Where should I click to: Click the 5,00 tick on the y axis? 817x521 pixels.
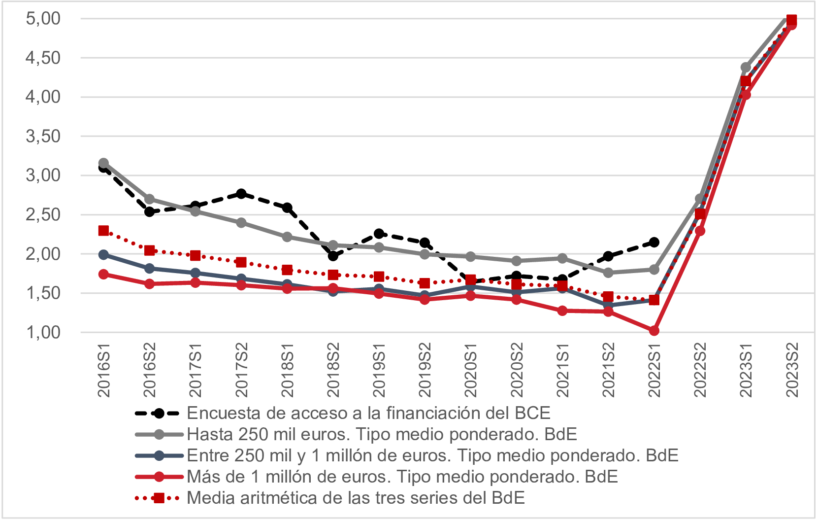coord(43,19)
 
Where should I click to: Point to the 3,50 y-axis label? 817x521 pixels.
coord(43,137)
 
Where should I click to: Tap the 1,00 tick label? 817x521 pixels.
coord(43,333)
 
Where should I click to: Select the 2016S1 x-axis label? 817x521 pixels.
coord(104,371)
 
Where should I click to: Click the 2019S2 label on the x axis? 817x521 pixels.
coord(425,371)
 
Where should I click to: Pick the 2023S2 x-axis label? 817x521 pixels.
coord(792,371)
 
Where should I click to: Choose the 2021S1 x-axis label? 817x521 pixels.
coord(562,371)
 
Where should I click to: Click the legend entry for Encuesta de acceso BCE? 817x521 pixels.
coord(368,413)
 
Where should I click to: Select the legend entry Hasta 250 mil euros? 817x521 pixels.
coord(382,434)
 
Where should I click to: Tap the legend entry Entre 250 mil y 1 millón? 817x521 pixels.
coord(432,455)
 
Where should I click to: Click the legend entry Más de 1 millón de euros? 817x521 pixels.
coord(402,477)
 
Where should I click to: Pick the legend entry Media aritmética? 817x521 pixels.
coord(356,498)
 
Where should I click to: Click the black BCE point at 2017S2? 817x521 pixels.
coord(241,194)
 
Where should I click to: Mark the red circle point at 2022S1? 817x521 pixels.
coord(654,330)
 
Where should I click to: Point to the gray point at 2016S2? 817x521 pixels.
coord(150,199)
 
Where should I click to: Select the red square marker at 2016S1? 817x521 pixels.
coord(104,231)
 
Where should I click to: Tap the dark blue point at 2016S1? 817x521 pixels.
coord(104,255)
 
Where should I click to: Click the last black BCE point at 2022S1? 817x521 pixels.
coord(654,242)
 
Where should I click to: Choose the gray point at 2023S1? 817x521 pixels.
coord(746,68)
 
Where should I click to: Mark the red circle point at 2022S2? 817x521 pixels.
coord(700,231)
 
